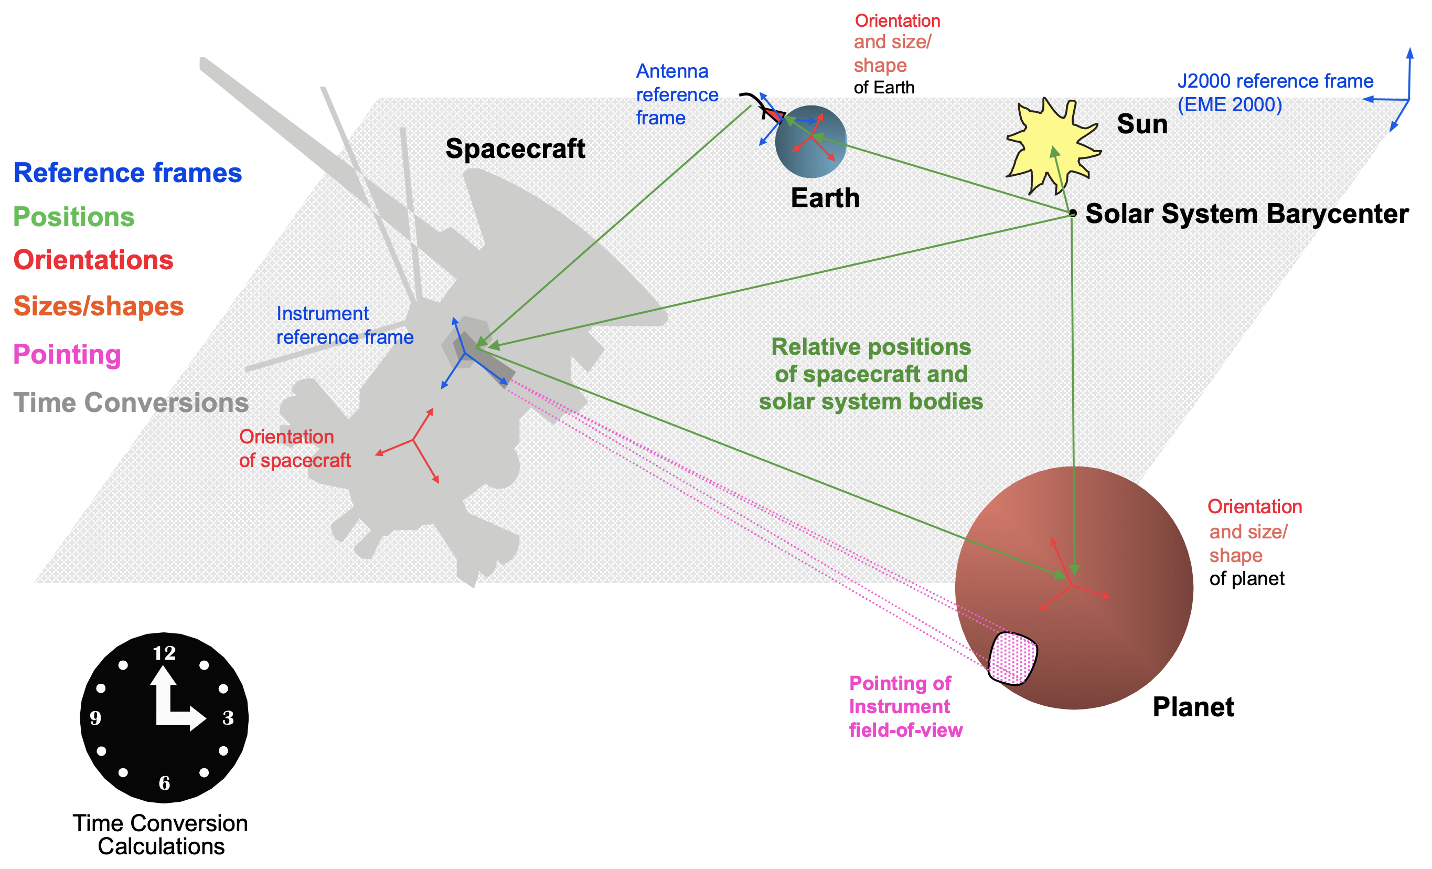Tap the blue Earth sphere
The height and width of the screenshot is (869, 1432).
click(811, 141)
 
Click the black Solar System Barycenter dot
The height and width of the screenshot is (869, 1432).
click(1072, 214)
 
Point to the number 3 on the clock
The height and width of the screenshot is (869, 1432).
click(228, 718)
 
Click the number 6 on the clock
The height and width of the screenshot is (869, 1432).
click(165, 783)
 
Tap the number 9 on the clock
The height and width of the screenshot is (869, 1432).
click(96, 718)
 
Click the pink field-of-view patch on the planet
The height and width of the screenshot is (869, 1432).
click(1013, 658)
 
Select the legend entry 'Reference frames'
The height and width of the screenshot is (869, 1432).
click(128, 173)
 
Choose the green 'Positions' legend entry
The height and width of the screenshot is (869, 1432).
click(74, 217)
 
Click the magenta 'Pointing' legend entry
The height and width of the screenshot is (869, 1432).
click(68, 354)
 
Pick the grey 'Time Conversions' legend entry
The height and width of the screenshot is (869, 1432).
click(131, 402)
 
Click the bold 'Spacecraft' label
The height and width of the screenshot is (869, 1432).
click(516, 149)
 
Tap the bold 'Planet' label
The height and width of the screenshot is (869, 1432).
click(1193, 707)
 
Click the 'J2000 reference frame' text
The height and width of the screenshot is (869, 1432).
click(1276, 81)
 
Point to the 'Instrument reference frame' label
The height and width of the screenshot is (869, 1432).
click(345, 325)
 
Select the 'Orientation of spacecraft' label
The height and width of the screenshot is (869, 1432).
click(295, 449)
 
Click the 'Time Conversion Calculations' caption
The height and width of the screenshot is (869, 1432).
click(161, 835)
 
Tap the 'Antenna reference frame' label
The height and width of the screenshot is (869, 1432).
click(677, 94)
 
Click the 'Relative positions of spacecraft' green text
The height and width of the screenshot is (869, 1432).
click(871, 361)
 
